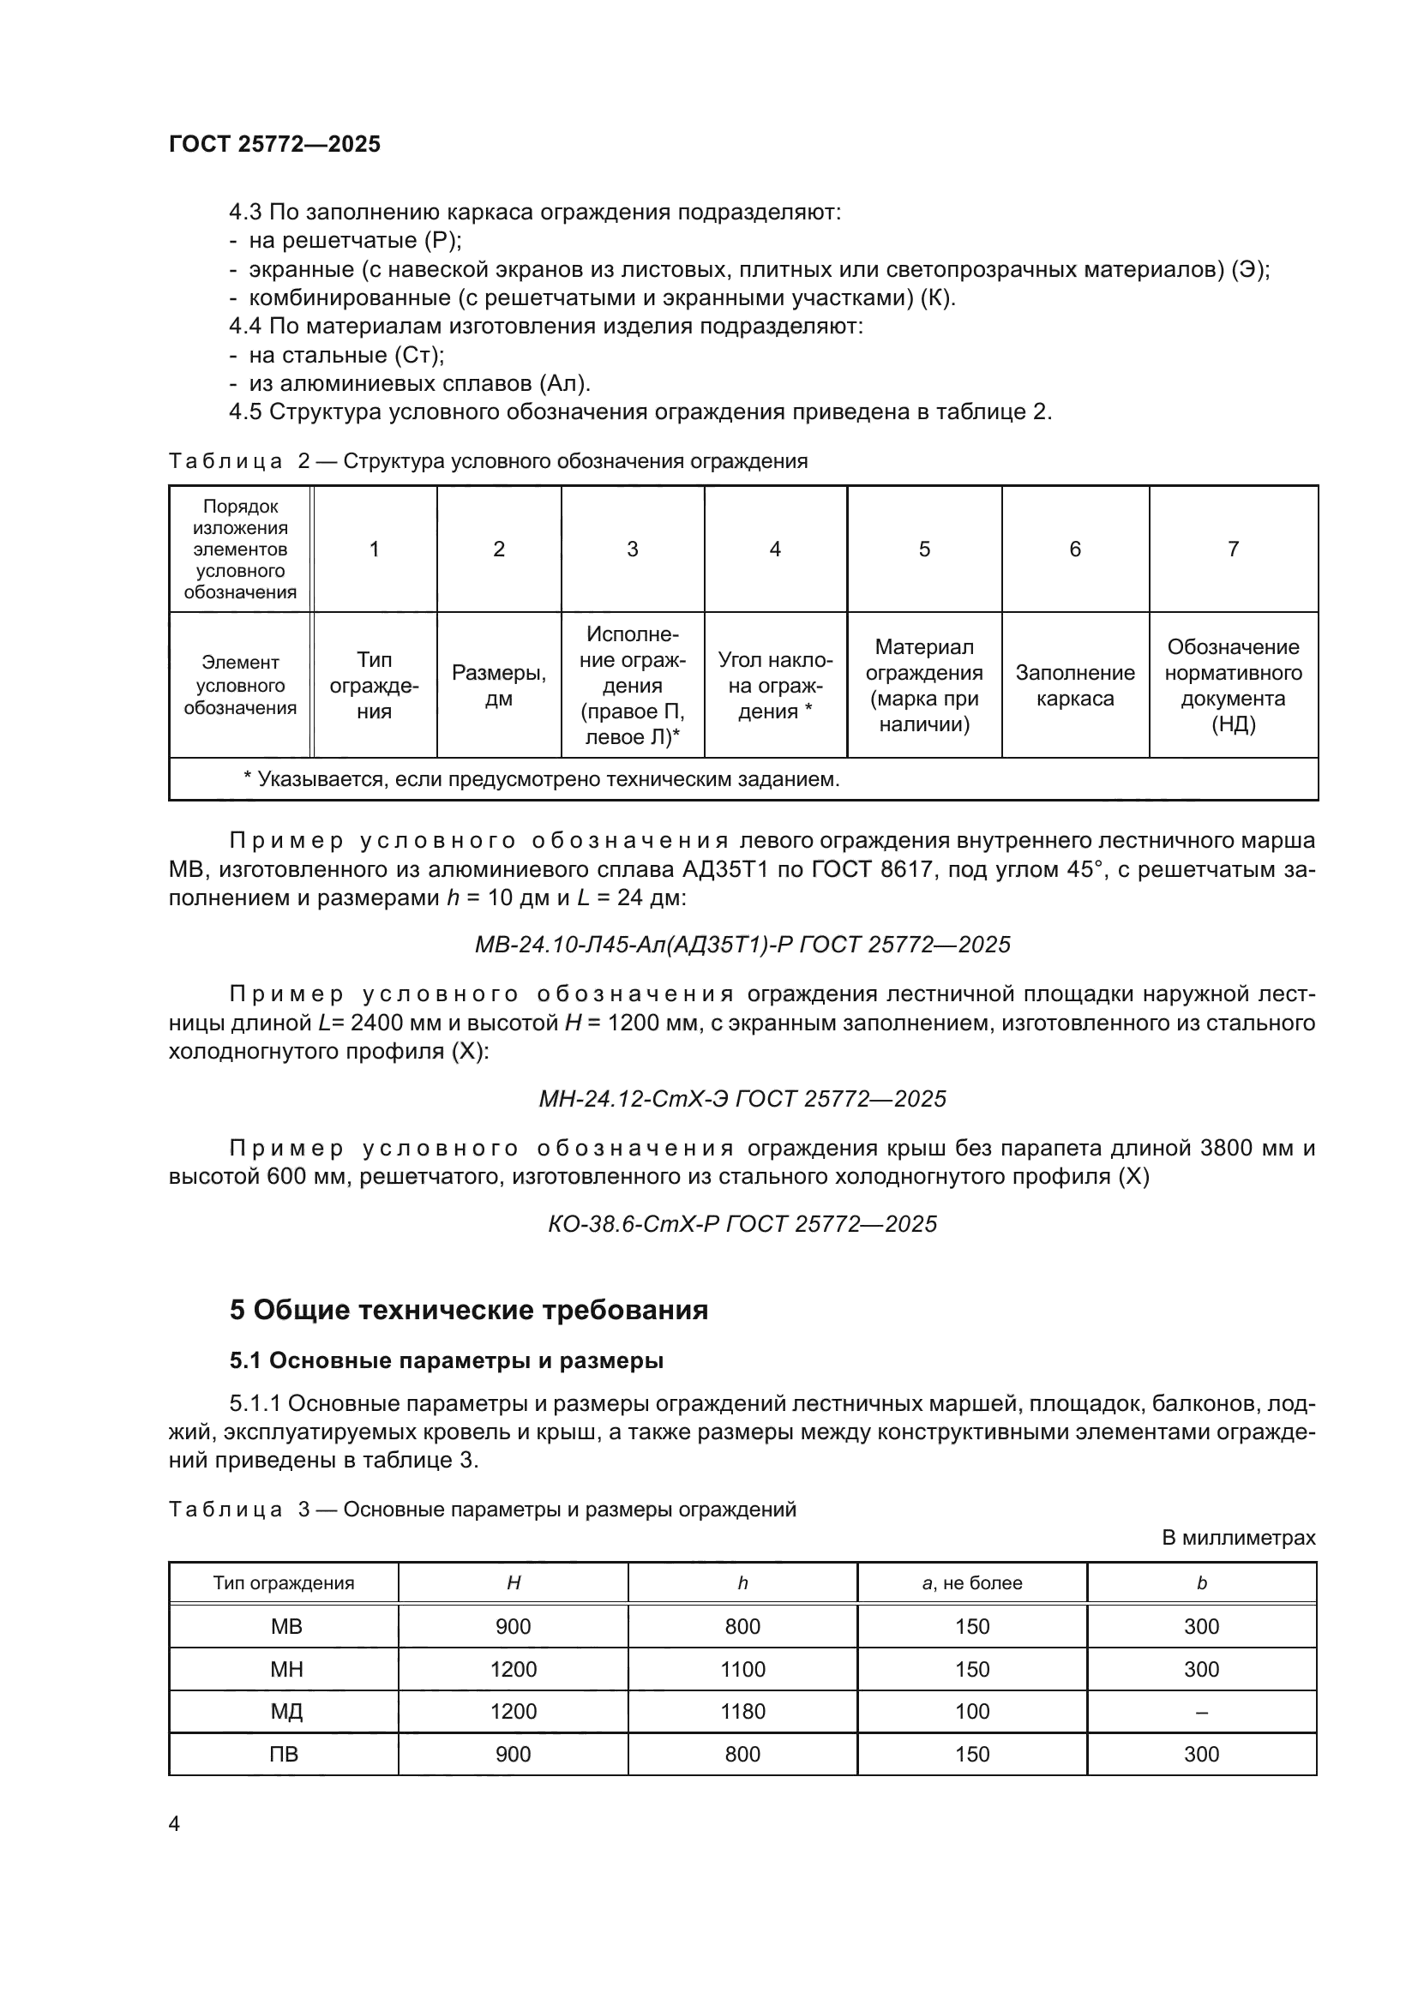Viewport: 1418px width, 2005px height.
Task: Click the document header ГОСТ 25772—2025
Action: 275,144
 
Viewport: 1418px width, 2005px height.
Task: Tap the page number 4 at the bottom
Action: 174,1824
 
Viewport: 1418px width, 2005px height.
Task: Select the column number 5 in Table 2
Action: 924,549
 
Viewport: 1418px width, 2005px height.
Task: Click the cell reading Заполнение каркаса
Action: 1075,686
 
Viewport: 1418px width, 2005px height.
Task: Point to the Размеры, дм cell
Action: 499,686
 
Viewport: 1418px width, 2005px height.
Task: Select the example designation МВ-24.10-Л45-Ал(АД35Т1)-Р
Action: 742,945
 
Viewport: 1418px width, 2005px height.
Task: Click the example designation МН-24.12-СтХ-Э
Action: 742,1099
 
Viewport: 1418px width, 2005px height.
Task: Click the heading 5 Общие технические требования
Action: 469,1310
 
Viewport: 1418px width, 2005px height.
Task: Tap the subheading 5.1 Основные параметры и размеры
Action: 446,1360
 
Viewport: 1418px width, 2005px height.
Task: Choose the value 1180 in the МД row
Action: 742,1711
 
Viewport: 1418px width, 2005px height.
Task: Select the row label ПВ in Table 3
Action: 284,1754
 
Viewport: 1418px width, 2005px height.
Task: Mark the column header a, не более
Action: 972,1583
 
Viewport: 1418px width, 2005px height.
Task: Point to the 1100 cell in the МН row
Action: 742,1669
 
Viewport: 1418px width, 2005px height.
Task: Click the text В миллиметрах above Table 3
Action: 1238,1538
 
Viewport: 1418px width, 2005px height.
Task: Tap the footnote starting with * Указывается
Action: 541,779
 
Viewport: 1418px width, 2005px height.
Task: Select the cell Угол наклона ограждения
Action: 774,686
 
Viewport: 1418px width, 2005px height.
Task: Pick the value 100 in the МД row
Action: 972,1711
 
